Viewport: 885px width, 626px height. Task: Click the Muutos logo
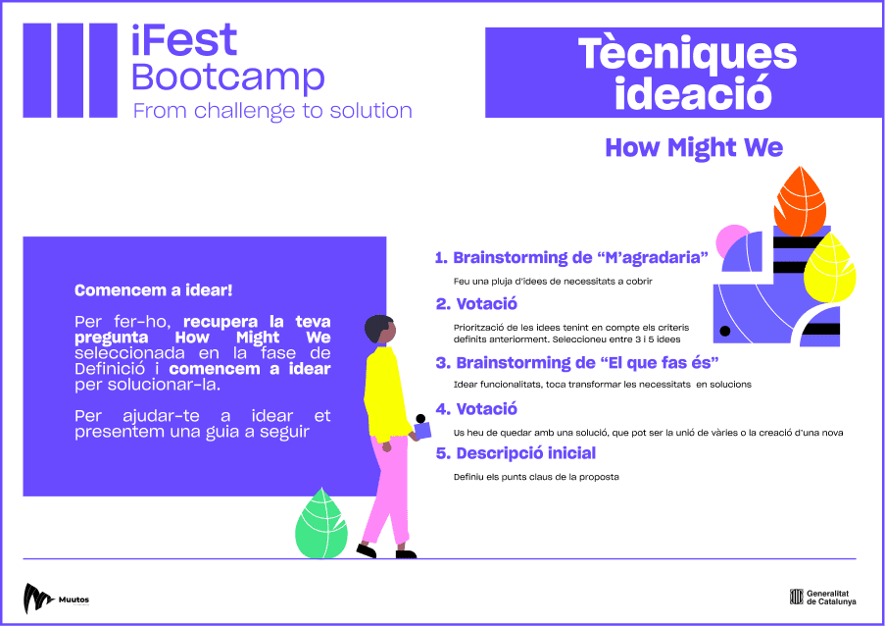click(x=56, y=599)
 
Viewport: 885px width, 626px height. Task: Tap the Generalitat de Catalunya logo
click(x=823, y=598)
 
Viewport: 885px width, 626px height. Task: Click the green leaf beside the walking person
click(x=321, y=523)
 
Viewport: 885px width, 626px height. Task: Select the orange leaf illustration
click(x=800, y=201)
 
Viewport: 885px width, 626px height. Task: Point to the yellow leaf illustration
click(x=829, y=269)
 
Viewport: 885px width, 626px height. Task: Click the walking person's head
click(x=379, y=329)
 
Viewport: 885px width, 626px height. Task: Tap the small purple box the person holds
click(x=422, y=431)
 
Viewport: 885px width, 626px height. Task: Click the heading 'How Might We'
click(x=694, y=147)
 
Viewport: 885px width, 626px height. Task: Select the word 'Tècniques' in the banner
click(x=687, y=54)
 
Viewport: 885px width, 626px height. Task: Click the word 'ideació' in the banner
click(x=693, y=93)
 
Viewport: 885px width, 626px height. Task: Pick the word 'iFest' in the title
click(x=184, y=39)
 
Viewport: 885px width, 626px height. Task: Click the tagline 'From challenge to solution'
click(x=272, y=111)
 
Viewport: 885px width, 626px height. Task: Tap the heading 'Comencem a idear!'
click(x=154, y=290)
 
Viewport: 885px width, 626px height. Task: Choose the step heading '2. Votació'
click(x=476, y=304)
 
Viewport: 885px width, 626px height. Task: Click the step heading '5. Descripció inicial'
click(x=516, y=453)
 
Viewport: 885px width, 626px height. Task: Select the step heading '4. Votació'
click(x=476, y=409)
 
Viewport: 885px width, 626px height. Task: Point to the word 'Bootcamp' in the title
click(x=228, y=78)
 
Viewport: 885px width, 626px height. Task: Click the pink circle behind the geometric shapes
click(x=731, y=239)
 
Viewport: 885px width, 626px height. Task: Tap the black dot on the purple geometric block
click(x=725, y=331)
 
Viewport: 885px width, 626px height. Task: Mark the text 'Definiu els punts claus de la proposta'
click(x=536, y=477)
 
